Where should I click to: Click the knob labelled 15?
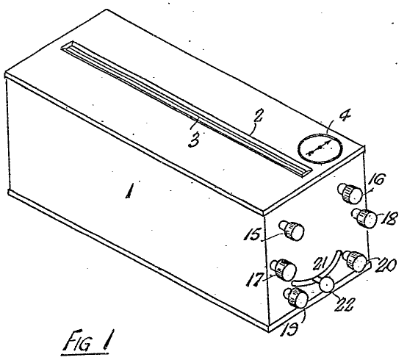pos(292,230)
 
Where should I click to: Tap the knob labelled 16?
pos(350,193)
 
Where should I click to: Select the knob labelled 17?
pos(284,270)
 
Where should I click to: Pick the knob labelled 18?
pos(364,218)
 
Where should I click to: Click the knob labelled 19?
pos(295,298)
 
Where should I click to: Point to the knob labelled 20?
pos(355,261)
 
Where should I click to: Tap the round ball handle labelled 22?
pos(326,285)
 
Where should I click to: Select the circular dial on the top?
pos(320,148)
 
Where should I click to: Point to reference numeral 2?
pos(259,116)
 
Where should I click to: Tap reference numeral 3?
pos(194,140)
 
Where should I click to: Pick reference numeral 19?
pos(290,328)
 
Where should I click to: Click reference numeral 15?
pos(252,235)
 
